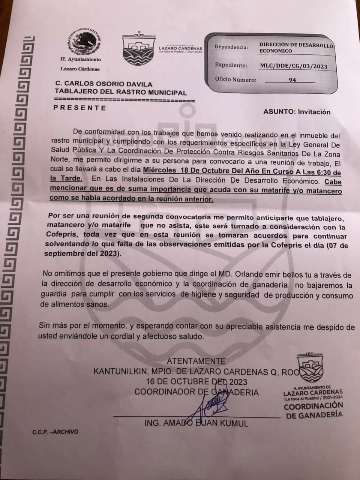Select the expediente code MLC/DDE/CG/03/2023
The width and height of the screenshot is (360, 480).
294,67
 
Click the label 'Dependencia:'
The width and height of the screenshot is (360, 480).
231,47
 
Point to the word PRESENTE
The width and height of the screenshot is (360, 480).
80,108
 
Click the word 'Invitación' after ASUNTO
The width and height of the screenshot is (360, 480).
314,112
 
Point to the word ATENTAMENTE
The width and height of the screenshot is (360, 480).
196,361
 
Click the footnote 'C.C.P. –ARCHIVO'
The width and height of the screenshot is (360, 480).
55,432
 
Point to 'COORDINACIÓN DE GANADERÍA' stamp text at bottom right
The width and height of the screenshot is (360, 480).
313,410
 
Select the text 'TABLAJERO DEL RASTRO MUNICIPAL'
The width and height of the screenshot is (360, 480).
120,92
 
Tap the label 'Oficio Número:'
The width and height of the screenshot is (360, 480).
235,79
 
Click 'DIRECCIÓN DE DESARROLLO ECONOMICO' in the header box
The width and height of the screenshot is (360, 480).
296,48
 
